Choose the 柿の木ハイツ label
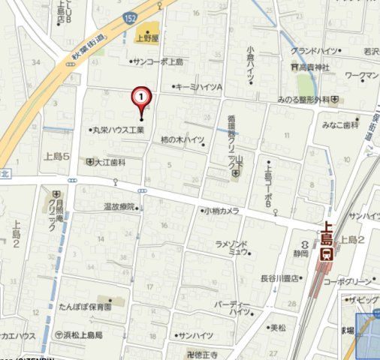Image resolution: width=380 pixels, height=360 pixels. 182,140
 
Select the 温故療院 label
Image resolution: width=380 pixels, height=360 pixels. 119,206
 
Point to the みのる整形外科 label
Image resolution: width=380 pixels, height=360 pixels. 303,100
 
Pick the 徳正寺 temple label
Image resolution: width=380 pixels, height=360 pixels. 205,353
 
